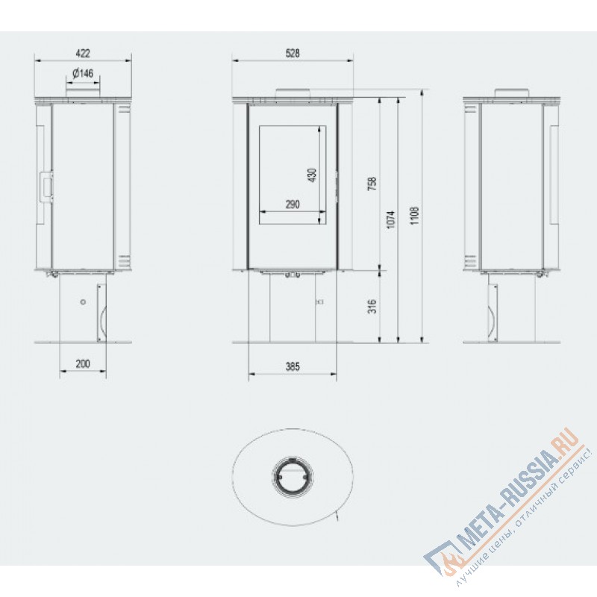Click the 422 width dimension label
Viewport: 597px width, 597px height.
point(83,53)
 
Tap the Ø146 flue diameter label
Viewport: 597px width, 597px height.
point(83,73)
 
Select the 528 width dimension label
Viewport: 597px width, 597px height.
point(293,53)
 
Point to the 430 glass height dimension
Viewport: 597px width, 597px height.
point(312,175)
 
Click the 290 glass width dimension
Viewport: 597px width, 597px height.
point(293,204)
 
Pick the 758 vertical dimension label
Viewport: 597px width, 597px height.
point(372,184)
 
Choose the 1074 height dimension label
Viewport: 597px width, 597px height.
point(391,220)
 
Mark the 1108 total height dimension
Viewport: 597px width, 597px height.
point(415,216)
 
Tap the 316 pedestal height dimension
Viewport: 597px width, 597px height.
point(372,307)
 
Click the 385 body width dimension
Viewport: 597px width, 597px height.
point(293,366)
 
